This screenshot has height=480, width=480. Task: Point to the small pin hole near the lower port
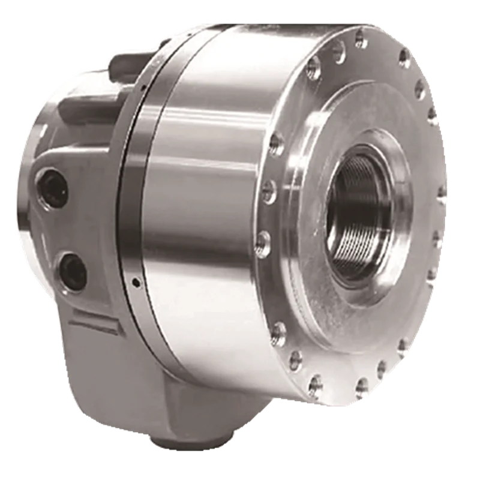tap(137, 281)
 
